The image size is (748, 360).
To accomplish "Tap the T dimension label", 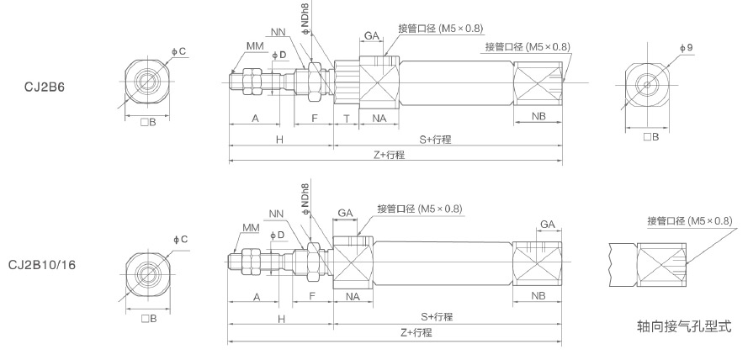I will point(346,119).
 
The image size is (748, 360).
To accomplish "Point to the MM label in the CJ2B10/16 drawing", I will point(250,228).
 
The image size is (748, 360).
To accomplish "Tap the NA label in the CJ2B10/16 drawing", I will point(353,297).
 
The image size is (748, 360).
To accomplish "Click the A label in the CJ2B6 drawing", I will point(255,119).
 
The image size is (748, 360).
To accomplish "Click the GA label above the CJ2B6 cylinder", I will point(370,35).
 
